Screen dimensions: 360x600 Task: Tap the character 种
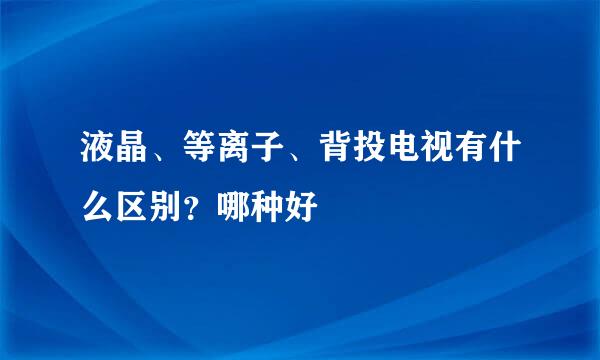[267, 209]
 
